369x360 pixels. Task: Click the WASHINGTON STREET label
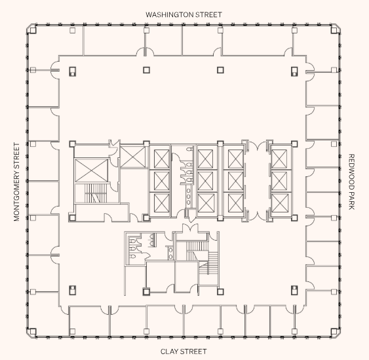tap(184, 14)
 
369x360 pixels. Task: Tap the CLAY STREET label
tap(184, 351)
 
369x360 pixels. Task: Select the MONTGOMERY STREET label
tap(18, 182)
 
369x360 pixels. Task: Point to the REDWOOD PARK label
tap(351, 182)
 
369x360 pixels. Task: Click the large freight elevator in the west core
tap(90, 170)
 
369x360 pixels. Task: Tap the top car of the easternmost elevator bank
tap(279, 158)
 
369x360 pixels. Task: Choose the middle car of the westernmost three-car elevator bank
tap(161, 180)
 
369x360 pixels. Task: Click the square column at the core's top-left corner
tap(73, 144)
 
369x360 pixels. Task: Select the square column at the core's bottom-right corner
tap(293, 217)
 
